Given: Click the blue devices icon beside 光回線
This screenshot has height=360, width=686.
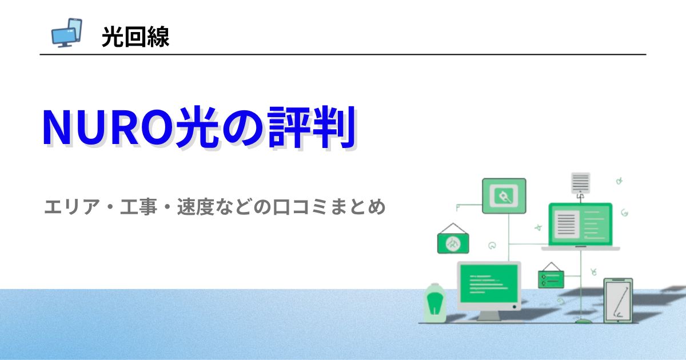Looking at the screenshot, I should [x=66, y=33].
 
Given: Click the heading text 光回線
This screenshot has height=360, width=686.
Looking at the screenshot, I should [x=135, y=37].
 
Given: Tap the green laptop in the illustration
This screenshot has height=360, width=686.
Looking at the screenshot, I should [x=580, y=225].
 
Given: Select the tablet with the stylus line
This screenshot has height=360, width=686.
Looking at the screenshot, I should [x=618, y=301].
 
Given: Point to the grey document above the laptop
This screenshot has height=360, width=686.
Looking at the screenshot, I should [x=580, y=183].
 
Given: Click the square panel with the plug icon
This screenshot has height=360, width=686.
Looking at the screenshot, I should [x=504, y=195].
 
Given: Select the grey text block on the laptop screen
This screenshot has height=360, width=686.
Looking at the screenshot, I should [x=566, y=223].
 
